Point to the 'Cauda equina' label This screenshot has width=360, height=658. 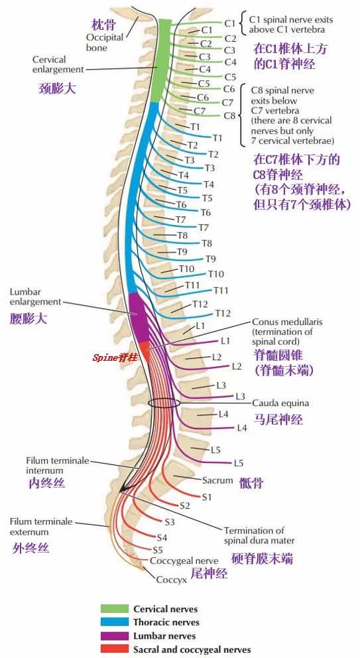(280, 403)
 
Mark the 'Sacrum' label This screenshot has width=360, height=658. (217, 480)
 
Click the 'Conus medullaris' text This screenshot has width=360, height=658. (287, 322)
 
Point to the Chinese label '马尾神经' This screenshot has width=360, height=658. (278, 419)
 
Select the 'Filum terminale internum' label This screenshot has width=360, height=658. (57, 465)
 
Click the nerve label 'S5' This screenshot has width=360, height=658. (158, 550)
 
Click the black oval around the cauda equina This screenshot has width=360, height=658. (163, 403)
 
